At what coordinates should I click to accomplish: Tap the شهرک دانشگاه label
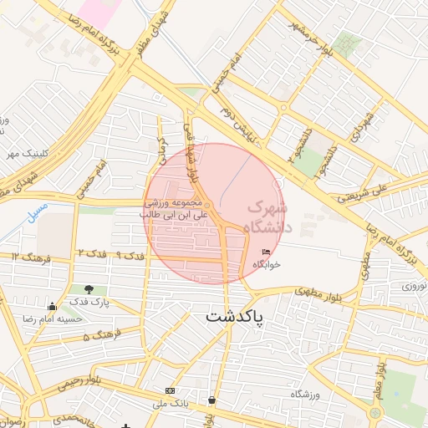[267, 217]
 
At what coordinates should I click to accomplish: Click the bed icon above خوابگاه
[267, 252]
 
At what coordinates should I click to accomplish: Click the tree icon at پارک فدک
[89, 290]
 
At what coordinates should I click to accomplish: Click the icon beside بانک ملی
[171, 390]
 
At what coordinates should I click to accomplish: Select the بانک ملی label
[171, 403]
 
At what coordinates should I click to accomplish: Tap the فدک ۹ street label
[130, 253]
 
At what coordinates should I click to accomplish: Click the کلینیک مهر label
[24, 153]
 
